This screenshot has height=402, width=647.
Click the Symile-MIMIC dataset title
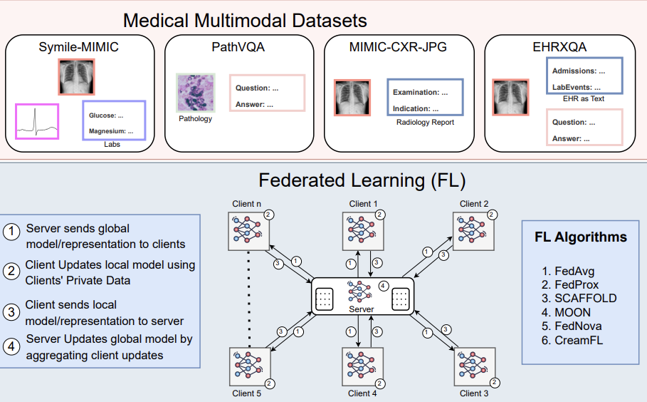[x=78, y=48]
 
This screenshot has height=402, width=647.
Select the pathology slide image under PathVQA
[x=194, y=93]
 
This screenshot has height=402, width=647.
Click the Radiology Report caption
[x=425, y=123]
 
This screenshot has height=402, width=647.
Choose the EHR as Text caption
[x=583, y=99]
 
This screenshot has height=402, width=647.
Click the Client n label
[x=247, y=204]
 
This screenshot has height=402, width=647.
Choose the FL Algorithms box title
[x=580, y=237]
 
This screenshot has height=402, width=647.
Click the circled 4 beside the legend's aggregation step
[x=12, y=346]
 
